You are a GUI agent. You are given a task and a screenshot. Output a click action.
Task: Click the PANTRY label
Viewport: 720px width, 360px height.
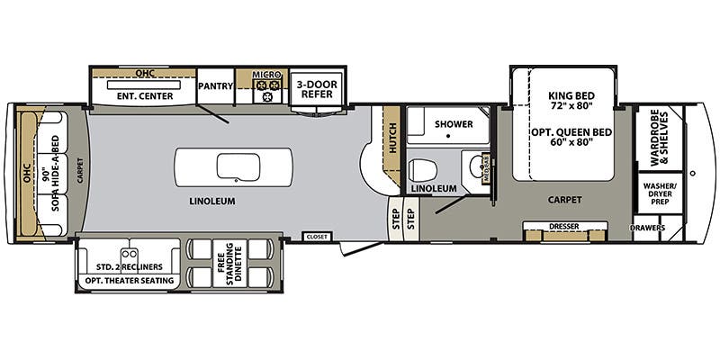(x=216, y=86)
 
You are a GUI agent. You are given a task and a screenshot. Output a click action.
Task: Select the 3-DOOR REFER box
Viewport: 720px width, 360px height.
(x=315, y=88)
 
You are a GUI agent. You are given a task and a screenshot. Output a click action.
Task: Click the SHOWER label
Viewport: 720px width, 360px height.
(x=454, y=124)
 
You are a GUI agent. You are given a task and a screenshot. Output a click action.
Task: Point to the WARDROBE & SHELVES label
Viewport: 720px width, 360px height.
(x=659, y=139)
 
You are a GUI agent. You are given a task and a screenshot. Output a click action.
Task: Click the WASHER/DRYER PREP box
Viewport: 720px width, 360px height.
(x=659, y=194)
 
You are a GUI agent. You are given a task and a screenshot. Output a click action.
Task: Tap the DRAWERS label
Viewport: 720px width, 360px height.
(x=648, y=228)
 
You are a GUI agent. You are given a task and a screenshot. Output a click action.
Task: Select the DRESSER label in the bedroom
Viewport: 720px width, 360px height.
(x=564, y=226)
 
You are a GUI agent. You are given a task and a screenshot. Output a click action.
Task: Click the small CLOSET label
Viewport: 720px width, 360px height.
(x=318, y=237)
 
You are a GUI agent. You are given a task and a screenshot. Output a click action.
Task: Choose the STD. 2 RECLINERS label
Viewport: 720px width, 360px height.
(x=130, y=267)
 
